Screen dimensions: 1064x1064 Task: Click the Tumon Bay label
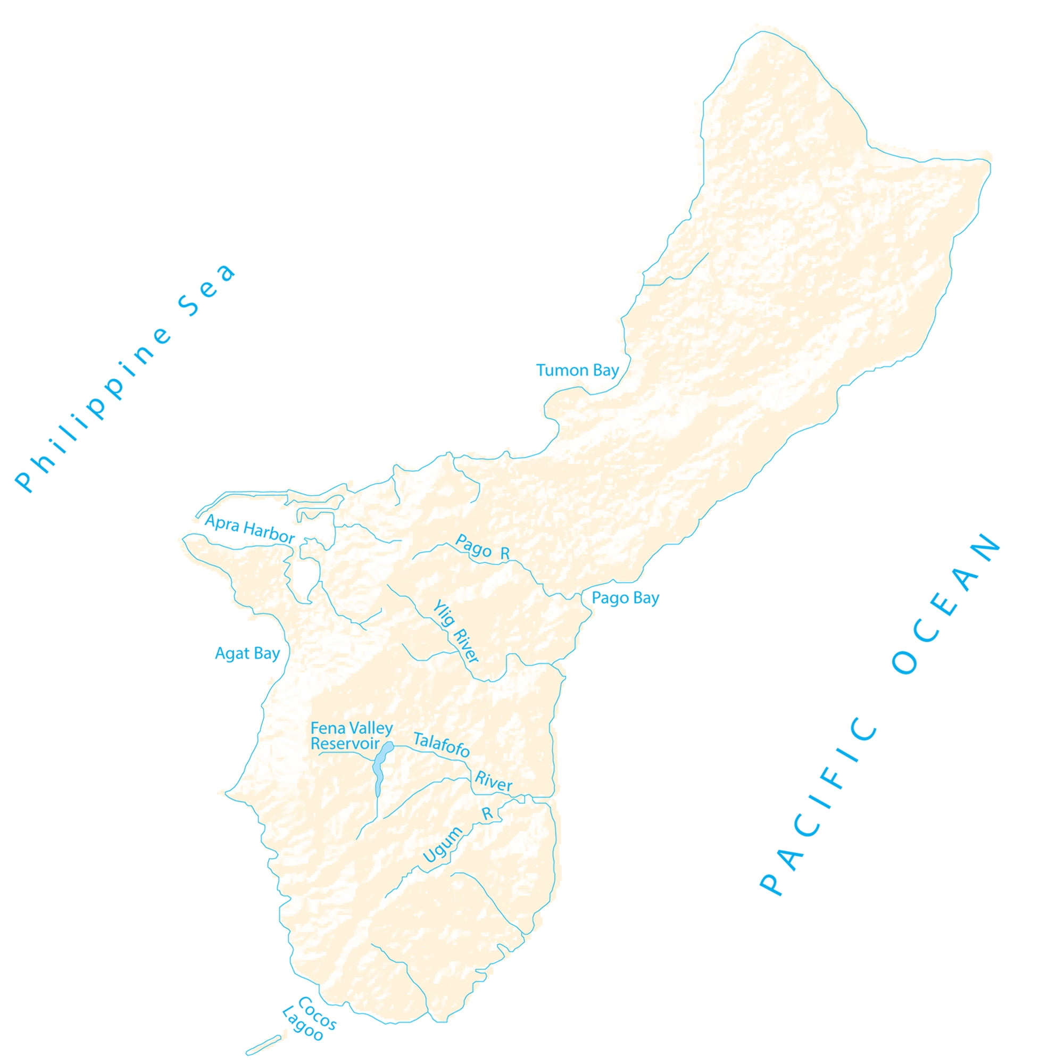577,371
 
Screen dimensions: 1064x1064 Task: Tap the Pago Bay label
625,598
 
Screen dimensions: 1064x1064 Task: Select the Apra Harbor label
250,529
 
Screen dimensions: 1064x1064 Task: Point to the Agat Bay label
247,654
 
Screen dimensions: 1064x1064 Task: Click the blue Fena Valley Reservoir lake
379,768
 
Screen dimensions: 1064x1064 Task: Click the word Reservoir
345,744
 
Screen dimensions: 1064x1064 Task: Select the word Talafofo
441,745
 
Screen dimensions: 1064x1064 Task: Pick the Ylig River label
455,631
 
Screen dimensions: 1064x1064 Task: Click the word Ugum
442,845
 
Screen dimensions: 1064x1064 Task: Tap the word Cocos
317,1013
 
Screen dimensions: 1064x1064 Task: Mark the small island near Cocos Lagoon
263,1045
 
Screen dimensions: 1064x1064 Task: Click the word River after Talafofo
494,782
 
